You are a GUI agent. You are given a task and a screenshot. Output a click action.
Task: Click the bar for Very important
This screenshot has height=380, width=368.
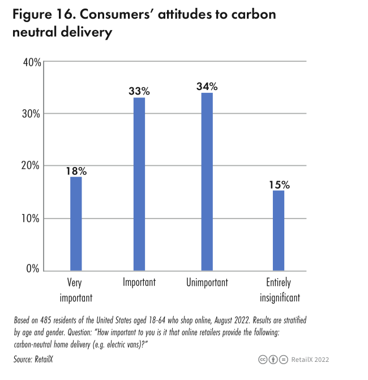coord(76,224)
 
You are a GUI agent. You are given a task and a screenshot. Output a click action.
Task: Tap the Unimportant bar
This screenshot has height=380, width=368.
coord(207,181)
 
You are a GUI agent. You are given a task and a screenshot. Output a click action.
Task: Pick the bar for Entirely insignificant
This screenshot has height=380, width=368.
coord(278,230)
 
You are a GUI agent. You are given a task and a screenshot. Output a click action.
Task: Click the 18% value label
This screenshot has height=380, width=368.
coord(76,170)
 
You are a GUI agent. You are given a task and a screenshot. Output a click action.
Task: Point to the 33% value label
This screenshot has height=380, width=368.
coord(139,91)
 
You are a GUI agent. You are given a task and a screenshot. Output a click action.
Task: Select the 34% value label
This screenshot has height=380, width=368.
coord(207,86)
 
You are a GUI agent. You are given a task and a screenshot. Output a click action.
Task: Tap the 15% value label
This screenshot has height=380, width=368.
coord(279,184)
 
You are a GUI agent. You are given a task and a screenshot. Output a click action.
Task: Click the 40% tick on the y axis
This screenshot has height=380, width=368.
coord(31,62)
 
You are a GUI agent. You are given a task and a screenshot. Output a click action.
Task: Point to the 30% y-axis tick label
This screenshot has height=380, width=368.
coord(31,114)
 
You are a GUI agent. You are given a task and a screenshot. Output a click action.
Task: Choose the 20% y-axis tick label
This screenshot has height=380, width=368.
coord(31,166)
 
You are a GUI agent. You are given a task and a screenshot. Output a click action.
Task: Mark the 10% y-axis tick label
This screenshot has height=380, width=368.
coord(31,218)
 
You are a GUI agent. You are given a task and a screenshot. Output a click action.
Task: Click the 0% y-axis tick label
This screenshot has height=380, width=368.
coord(33,270)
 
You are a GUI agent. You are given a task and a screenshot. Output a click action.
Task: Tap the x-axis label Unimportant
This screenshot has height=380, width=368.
coord(207,283)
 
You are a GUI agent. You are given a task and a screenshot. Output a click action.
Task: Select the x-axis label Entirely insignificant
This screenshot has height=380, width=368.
coord(278,289)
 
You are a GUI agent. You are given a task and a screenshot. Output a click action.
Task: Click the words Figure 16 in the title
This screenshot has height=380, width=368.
coord(43,14)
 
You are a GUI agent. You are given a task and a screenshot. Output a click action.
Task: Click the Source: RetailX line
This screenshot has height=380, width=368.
coord(34,358)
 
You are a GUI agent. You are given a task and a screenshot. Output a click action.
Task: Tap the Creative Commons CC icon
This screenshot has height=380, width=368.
coord(263,359)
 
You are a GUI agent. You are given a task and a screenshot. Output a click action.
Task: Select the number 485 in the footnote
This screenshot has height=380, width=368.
coord(49,321)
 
